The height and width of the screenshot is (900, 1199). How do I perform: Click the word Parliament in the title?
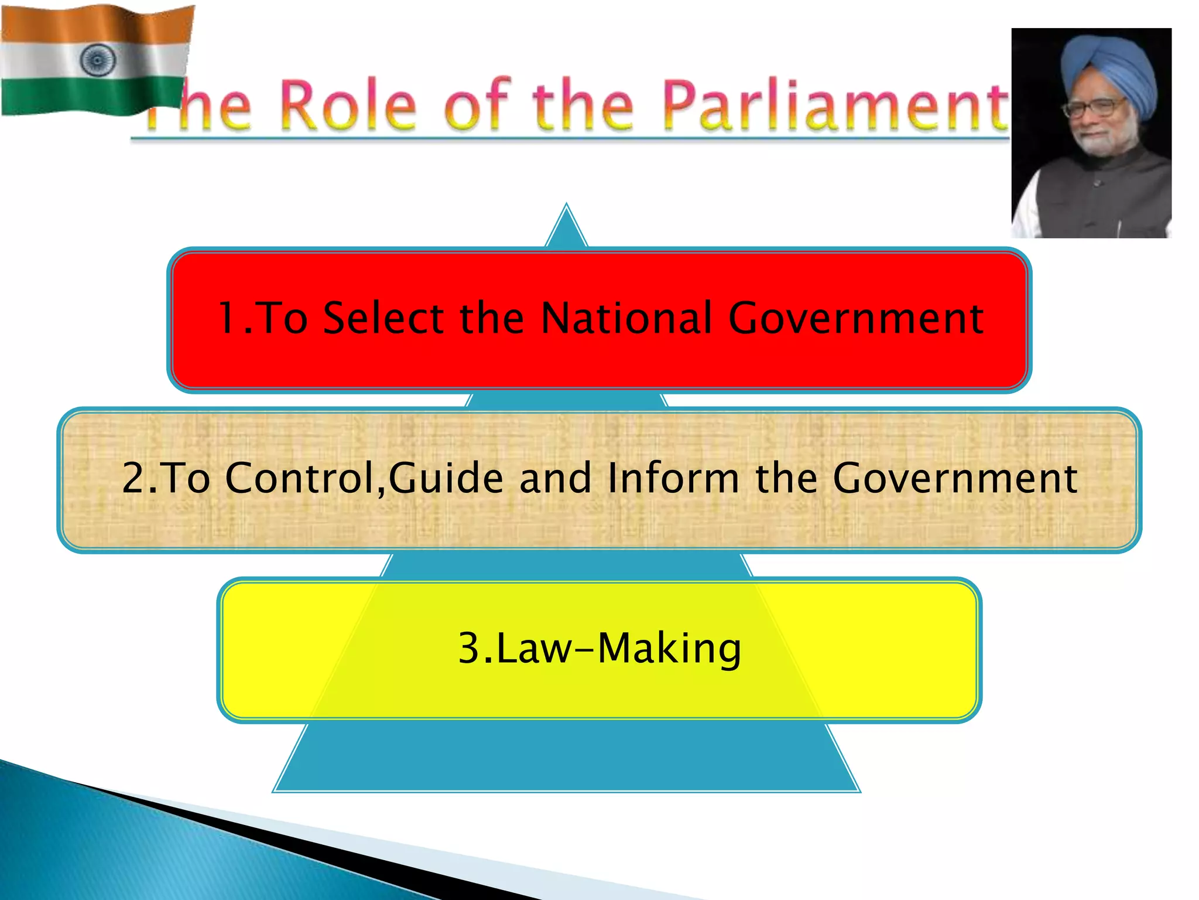coord(834,105)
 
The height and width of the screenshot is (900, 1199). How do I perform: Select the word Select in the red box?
coord(382,318)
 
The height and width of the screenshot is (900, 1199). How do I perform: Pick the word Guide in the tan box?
coord(446,478)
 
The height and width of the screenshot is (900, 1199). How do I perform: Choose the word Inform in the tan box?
coord(673,478)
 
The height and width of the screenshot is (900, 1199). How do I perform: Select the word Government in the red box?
coord(855,318)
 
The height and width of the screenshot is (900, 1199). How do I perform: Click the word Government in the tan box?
coord(955,478)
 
